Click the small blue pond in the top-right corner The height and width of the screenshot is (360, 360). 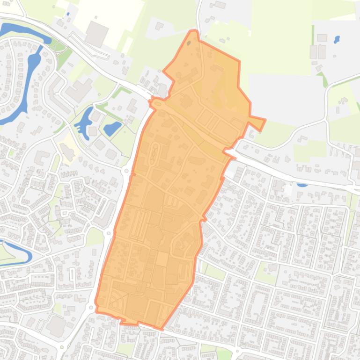(337, 40)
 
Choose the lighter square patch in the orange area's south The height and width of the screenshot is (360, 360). (162, 259)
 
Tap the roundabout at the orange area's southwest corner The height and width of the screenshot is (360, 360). (90, 307)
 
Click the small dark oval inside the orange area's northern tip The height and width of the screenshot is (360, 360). (189, 43)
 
